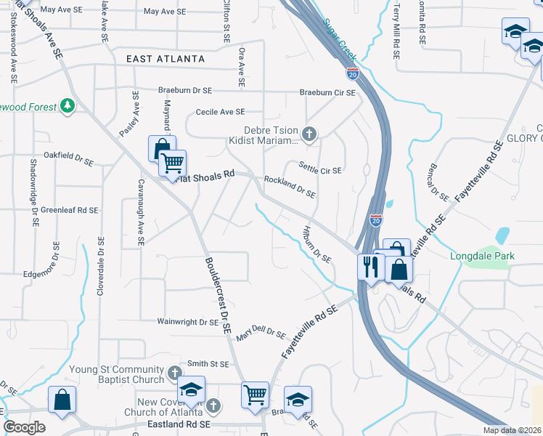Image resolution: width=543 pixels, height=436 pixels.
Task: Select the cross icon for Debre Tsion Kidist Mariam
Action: [x=309, y=133]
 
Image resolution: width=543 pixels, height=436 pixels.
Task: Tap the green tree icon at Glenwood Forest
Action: [x=68, y=107]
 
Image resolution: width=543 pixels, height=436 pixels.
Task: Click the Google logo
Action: [x=24, y=427]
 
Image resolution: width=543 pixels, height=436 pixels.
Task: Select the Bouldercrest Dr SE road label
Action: [x=217, y=294]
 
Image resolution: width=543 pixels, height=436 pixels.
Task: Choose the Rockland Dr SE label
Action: [x=290, y=187]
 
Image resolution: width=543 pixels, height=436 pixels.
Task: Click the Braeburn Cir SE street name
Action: [x=328, y=93]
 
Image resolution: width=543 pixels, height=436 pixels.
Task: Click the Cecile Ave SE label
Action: [x=221, y=112]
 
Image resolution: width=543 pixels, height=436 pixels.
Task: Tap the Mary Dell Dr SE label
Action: [x=260, y=333]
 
